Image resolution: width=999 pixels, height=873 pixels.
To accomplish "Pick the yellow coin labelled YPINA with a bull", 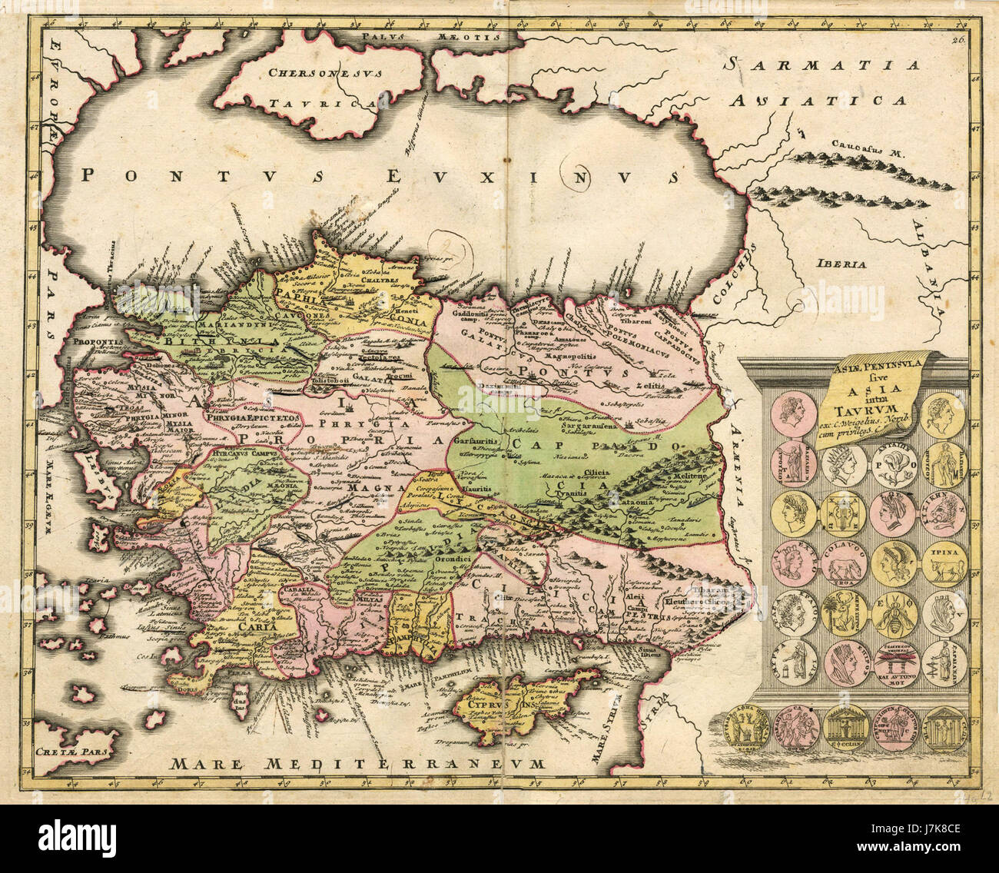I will (944, 564).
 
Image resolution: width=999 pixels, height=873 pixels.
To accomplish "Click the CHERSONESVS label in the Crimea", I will (316, 73).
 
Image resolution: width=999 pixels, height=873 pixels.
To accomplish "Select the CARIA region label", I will (237, 626).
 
